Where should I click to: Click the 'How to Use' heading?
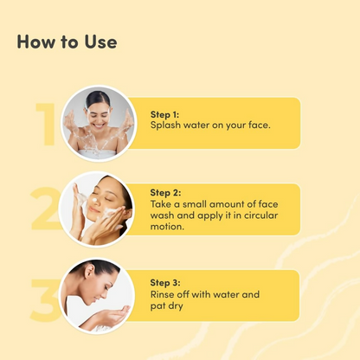67,42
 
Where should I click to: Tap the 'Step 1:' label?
164,114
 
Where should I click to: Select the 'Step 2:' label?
165,193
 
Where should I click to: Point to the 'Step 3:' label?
165,283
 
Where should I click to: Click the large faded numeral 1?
46,124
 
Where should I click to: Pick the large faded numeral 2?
45,209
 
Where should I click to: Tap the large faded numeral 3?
45,300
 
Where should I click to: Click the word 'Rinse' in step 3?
162,294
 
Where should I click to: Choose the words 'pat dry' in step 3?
167,306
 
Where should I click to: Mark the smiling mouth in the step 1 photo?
99,125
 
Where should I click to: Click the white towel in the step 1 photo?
98,154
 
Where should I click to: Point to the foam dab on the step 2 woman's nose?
95,201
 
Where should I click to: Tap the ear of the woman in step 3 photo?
89,271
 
